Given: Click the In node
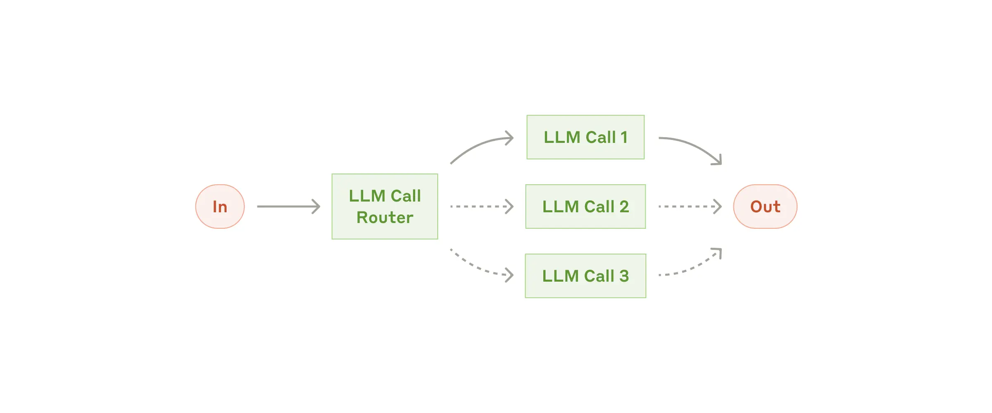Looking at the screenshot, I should coord(220,206).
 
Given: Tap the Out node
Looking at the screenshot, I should coord(765,206).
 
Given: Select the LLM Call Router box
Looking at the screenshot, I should coord(385,206).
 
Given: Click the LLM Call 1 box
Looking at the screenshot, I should coord(585,137).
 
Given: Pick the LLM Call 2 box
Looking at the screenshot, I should coord(585,206).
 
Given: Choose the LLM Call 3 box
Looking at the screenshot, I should coord(585,276).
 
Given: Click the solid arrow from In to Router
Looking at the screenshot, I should coord(285,206).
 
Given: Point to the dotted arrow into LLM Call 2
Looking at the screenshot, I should coord(479,206).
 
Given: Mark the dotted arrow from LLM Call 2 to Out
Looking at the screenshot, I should coord(688,206).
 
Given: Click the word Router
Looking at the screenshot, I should coord(385,218).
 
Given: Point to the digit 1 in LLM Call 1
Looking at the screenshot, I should coord(624,138).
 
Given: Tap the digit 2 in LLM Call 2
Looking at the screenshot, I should coord(624,206).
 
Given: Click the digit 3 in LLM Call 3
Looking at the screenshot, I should coord(624,276).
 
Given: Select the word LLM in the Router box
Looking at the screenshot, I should coord(367,196).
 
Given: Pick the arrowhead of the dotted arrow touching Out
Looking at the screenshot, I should coord(718,206).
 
